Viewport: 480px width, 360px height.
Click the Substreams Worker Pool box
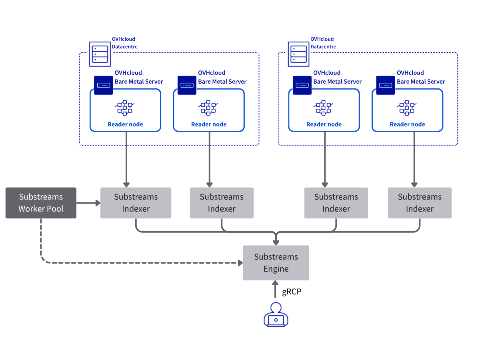click(41, 203)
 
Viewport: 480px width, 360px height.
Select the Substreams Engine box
click(276, 263)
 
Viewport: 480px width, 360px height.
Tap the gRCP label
click(292, 292)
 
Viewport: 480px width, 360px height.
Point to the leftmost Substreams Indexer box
click(136, 203)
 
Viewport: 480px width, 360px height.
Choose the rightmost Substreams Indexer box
click(420, 203)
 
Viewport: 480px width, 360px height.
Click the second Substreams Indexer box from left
click(222, 203)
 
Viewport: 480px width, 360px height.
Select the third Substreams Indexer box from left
click(336, 203)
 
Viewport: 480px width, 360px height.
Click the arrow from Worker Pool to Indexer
click(88, 203)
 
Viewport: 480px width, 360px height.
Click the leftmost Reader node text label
click(125, 124)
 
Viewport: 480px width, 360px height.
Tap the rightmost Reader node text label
click(407, 124)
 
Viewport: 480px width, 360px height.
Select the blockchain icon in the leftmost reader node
click(125, 108)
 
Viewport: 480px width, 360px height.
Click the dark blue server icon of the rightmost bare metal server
click(386, 85)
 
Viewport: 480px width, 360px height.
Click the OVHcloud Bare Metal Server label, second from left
click(222, 77)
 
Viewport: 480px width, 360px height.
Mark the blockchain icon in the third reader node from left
click(324, 108)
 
